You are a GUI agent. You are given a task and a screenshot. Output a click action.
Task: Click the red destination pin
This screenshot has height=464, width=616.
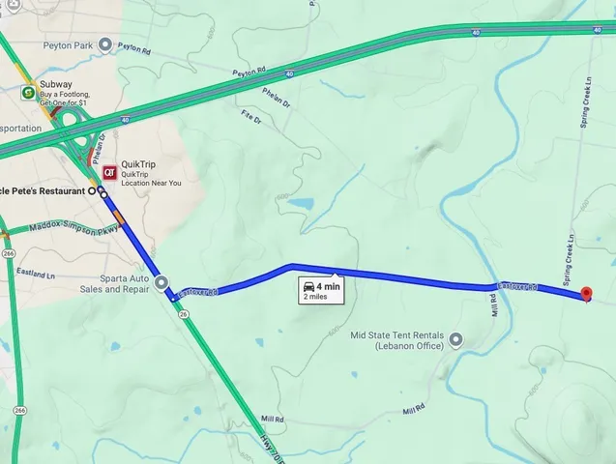(x=584, y=294)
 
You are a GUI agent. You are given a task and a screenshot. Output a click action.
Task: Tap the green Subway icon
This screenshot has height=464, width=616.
(x=28, y=93)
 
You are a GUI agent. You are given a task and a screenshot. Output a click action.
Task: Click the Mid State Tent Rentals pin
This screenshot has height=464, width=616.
(x=455, y=339)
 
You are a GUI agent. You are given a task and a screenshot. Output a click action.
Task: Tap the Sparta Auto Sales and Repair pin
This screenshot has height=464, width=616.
(x=161, y=283)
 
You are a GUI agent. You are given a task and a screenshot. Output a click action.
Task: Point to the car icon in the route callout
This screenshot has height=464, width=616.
(x=308, y=286)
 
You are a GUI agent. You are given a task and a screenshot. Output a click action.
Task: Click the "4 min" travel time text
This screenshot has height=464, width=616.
(x=328, y=286)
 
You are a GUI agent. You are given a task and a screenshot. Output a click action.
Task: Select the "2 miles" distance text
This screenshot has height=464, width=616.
(x=316, y=298)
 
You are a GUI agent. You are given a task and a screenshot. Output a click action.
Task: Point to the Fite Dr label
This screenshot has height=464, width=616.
(x=252, y=115)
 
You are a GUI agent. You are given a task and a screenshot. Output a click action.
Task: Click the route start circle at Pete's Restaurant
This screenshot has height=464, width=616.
(x=93, y=191)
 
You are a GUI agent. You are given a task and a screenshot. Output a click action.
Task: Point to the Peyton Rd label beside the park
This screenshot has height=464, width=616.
(x=134, y=45)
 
